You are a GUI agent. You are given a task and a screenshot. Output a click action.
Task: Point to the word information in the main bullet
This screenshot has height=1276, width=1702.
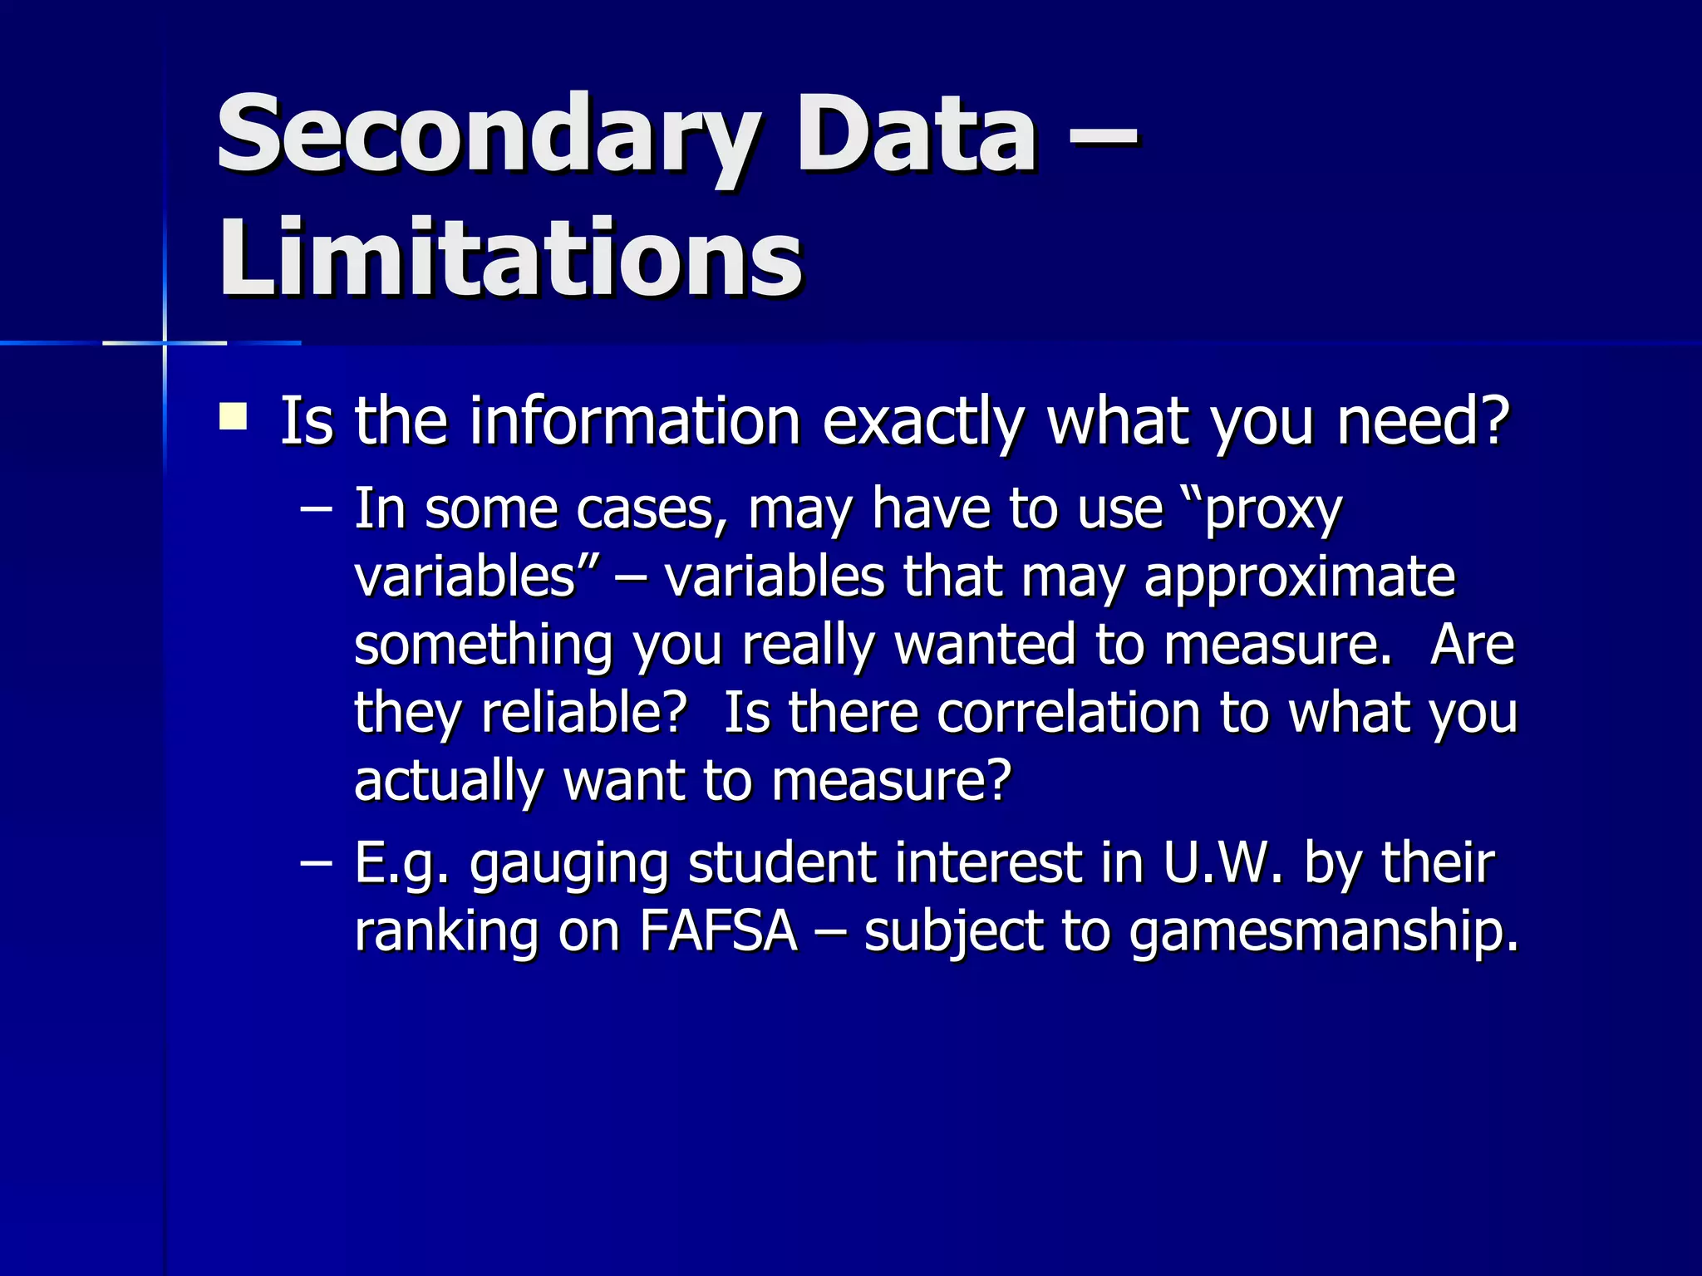click(x=635, y=421)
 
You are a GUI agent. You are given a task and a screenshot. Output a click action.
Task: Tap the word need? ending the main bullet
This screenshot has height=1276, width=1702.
click(x=1423, y=421)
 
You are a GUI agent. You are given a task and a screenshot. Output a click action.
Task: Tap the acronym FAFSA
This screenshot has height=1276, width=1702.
click(x=718, y=930)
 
